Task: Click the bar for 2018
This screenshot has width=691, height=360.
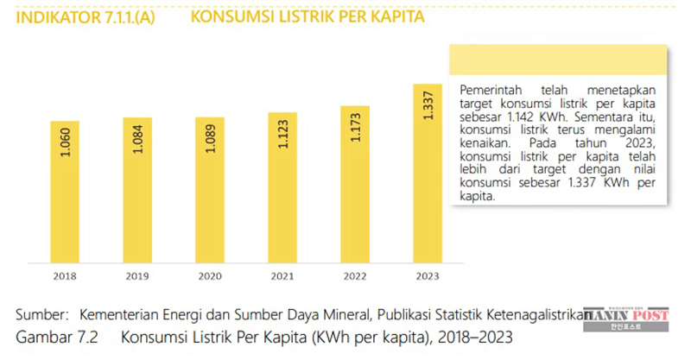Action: (65, 194)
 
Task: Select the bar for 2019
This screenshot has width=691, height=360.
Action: (137, 192)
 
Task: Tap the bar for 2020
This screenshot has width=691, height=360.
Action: (210, 192)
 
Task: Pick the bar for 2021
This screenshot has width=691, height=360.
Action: (282, 190)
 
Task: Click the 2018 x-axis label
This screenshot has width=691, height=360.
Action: (65, 276)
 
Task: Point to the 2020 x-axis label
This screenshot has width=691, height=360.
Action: (210, 276)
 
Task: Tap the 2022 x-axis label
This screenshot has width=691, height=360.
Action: (355, 276)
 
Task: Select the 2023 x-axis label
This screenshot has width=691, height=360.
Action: (428, 276)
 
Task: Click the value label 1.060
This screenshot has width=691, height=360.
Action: (66, 142)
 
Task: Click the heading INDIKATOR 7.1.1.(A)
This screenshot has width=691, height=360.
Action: (86, 17)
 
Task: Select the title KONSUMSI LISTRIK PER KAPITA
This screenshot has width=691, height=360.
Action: (307, 17)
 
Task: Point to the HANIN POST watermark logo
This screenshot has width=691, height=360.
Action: (626, 319)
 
